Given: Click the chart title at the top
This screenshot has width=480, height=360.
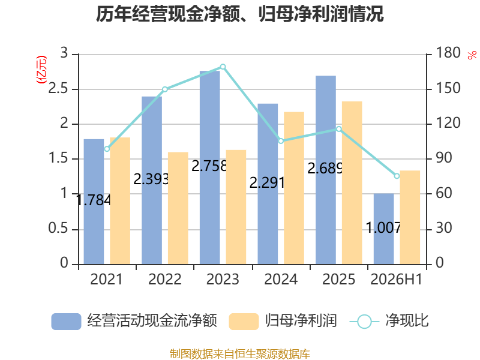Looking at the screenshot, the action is click(x=239, y=14).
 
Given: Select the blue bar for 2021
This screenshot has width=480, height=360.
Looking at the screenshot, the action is click(x=94, y=202).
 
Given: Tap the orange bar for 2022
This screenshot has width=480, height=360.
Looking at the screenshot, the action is click(x=178, y=208).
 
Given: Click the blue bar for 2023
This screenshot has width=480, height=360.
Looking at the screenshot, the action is click(x=209, y=168).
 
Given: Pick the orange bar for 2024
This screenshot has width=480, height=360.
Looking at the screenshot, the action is click(x=294, y=188).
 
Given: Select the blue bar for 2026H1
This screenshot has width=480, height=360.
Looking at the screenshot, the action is click(x=383, y=229).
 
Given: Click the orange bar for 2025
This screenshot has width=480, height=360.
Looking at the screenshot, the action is click(x=352, y=183).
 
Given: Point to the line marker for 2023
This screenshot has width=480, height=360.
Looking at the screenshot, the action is click(x=223, y=67).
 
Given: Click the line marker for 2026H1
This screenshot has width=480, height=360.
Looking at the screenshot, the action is click(x=397, y=176).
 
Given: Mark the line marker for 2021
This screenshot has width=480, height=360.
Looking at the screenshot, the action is click(x=107, y=149).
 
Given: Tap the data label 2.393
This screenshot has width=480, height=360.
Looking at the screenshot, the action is click(x=151, y=179).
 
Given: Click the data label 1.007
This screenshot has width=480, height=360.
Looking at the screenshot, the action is click(x=383, y=228).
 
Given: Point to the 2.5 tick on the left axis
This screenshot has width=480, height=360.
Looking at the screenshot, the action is click(x=58, y=88).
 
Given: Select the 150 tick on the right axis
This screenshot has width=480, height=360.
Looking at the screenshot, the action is click(x=448, y=88).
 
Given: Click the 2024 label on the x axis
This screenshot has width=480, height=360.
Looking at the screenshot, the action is click(x=281, y=279).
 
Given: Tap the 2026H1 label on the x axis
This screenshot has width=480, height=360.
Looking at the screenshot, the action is click(x=397, y=279).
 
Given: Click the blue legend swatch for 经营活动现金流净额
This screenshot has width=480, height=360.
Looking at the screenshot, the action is click(x=66, y=322).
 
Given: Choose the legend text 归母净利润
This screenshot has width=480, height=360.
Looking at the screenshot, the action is click(x=301, y=321).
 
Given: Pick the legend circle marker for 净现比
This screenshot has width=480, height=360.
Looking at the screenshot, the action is click(x=364, y=322).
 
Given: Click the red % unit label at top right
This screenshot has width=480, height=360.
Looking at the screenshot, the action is click(x=472, y=55).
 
